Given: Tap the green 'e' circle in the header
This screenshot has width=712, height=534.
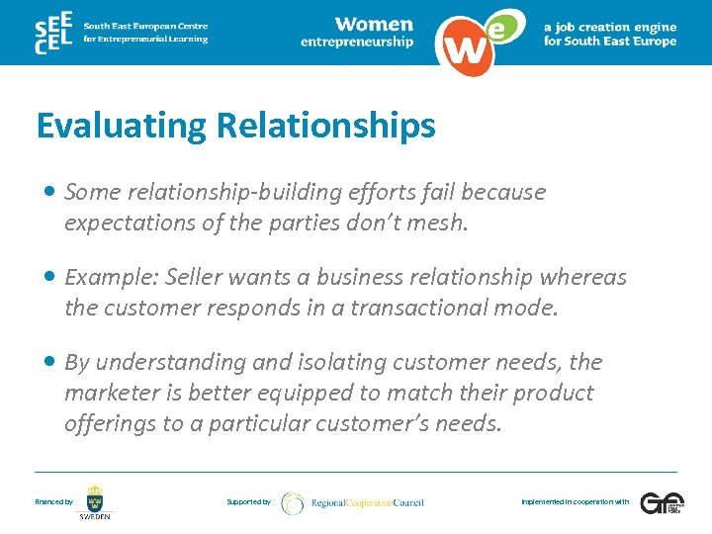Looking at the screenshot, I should click(501, 28).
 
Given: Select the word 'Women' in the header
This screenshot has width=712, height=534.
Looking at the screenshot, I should click(374, 24).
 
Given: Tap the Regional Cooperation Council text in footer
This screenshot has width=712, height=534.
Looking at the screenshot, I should click(367, 502).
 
